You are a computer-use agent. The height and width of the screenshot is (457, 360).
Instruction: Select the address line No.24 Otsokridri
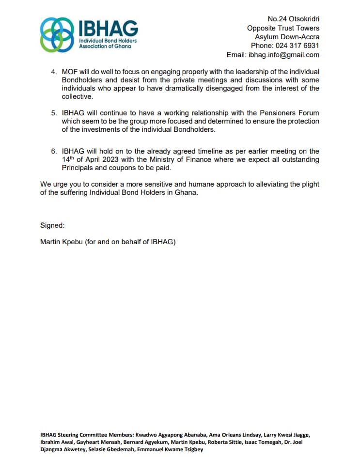coord(293,19)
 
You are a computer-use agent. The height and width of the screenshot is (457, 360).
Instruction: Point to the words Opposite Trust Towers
coord(283,28)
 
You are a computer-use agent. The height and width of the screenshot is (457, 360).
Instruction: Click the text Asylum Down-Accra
coord(287,37)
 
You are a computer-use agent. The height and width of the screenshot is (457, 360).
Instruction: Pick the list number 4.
coord(53,72)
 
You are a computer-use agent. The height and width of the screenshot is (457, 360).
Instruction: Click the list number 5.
coord(53,113)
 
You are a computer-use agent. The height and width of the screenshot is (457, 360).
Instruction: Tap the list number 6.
coord(53,151)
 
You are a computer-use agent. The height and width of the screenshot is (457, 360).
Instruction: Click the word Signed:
coord(52,225)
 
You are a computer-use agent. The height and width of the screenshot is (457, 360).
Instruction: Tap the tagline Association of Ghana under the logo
coord(105,47)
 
